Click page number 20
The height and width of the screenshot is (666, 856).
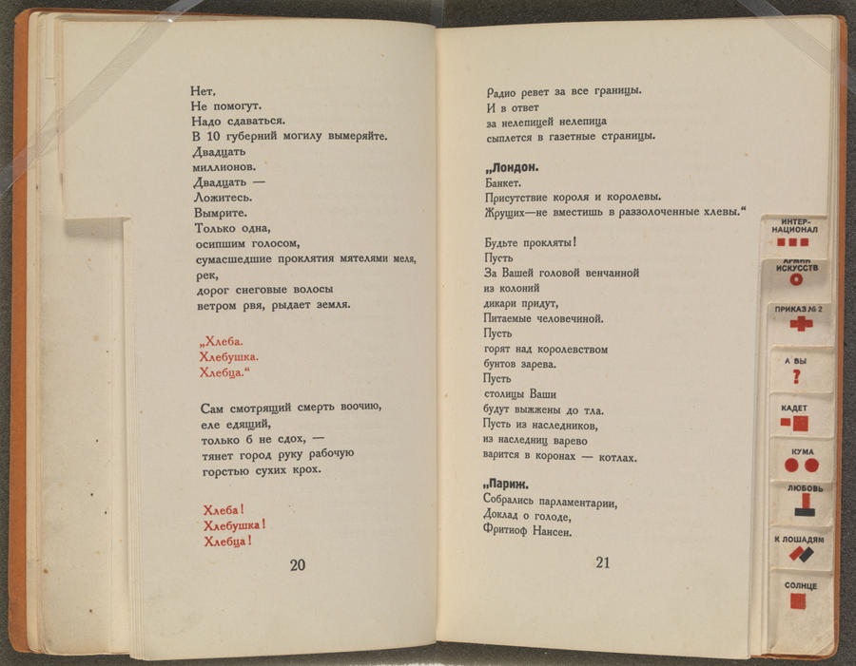point(297,564)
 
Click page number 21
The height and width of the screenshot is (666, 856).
point(602,562)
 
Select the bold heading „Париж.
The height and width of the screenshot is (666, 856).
point(509,486)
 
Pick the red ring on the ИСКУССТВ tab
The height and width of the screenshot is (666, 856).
point(797,279)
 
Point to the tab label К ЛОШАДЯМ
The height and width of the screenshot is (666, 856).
point(798,540)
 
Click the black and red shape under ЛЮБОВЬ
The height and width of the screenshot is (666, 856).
point(798,504)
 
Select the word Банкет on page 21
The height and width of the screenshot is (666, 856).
point(503,182)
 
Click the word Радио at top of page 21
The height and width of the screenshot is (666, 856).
point(505,92)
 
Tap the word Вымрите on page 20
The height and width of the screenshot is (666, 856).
point(221,212)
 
